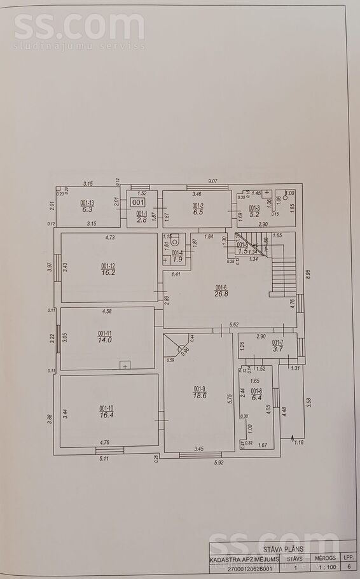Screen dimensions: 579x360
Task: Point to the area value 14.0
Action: [104, 340]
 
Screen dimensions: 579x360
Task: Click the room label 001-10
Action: [106, 408]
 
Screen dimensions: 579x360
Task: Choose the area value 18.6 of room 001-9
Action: [200, 395]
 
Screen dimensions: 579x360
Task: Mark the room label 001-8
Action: [256, 391]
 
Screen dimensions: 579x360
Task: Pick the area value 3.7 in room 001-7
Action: [277, 349]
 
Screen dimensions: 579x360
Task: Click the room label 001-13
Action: [87, 203]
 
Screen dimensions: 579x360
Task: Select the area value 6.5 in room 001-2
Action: [198, 212]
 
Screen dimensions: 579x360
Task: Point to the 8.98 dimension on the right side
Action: [308, 274]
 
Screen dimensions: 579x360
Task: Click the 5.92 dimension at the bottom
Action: [219, 462]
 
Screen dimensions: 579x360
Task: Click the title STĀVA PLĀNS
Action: [283, 548]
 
